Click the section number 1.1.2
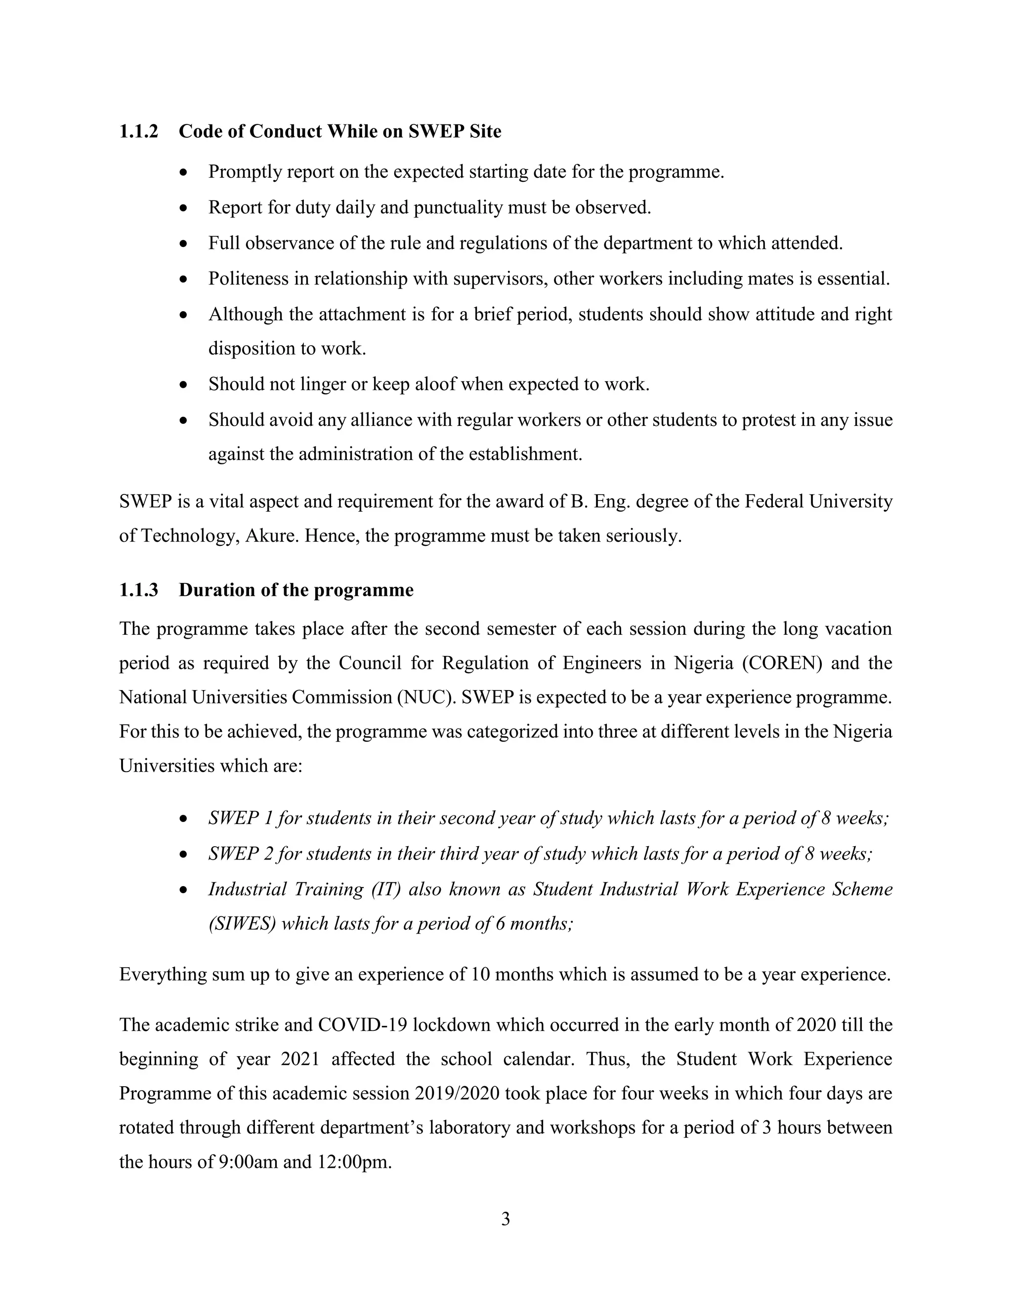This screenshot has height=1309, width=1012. pos(138,131)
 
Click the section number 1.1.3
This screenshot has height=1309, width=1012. pos(138,590)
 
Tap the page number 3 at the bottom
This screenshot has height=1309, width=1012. pos(506,1219)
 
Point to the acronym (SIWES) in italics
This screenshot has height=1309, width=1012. pos(242,924)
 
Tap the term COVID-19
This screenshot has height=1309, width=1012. pos(363,1025)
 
